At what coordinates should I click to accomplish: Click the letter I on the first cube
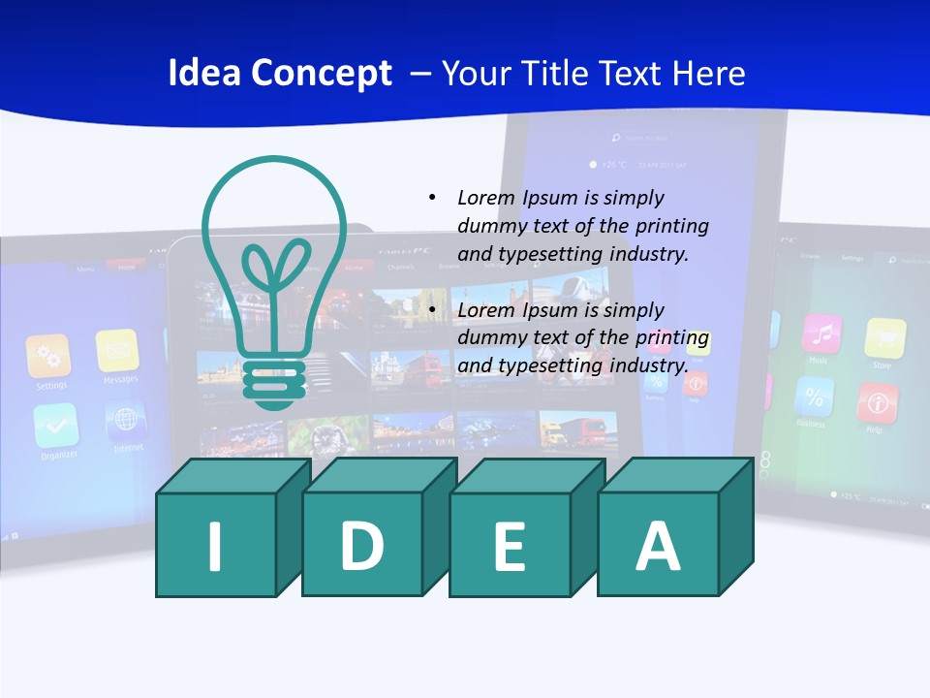[215, 545]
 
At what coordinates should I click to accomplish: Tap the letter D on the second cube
[361, 545]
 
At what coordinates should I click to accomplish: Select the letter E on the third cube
[510, 547]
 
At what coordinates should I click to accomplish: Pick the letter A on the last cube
[658, 545]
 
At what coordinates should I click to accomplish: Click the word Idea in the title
[203, 74]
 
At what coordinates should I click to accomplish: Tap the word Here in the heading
[709, 74]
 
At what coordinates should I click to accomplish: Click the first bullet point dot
[432, 198]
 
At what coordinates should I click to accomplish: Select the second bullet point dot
[432, 310]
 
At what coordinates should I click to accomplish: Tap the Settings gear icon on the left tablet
[48, 356]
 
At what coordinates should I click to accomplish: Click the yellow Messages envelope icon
[118, 350]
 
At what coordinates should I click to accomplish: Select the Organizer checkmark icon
[56, 426]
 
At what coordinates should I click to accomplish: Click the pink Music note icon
[821, 333]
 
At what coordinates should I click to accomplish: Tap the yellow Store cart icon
[884, 338]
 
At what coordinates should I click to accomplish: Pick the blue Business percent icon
[814, 397]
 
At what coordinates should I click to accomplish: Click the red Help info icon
[878, 402]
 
